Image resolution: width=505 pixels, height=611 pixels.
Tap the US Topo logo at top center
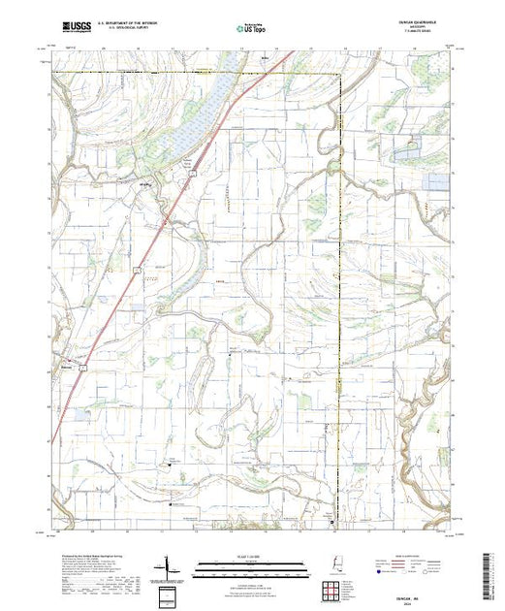point(251,28)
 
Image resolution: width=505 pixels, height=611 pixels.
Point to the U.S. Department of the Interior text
point(125,25)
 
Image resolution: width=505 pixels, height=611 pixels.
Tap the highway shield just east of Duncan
point(84,368)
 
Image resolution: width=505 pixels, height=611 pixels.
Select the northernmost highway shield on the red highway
point(193,173)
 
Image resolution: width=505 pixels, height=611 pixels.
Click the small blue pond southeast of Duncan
point(79,414)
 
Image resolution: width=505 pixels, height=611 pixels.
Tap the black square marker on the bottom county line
point(332,524)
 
